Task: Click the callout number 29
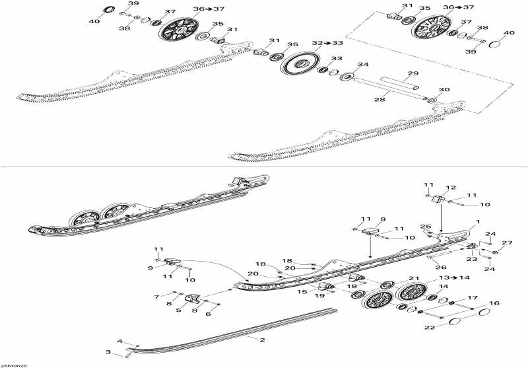pos(413,73)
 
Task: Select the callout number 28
pos(379,99)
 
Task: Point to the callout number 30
pos(444,90)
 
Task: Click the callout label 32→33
pos(327,43)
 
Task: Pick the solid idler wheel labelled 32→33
pos(300,63)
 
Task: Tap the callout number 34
pos(363,64)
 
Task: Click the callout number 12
pos(451,188)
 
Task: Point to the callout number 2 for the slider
pos(262,340)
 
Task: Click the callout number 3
pos(108,353)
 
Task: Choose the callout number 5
pos(178,310)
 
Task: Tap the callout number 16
pos(494,303)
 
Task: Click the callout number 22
pos(430,327)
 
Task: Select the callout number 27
pos(507,242)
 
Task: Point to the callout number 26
pos(441,267)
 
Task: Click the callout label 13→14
pos(454,277)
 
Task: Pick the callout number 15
pos(302,291)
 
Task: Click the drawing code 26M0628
pos(13,365)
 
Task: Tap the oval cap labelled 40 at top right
pos(494,44)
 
